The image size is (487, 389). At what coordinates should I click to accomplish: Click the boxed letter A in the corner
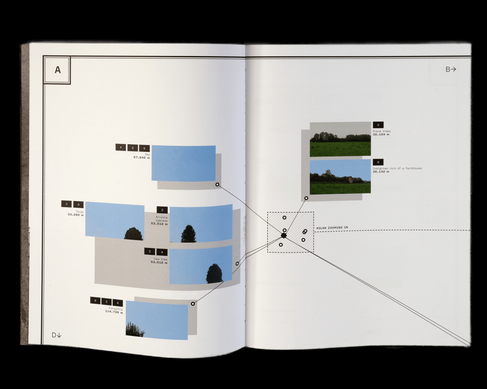coord(57,70)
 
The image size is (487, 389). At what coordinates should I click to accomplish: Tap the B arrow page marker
coord(450,69)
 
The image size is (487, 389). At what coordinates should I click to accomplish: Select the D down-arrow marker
coord(56,335)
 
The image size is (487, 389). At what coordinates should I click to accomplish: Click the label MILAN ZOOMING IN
coord(332,228)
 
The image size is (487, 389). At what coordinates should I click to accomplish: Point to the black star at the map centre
coord(284,236)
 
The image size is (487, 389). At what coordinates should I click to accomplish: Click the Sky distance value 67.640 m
coord(141,158)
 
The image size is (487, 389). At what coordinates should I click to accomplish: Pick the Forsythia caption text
coord(116,309)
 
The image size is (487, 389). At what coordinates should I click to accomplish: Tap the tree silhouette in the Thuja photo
coord(134,234)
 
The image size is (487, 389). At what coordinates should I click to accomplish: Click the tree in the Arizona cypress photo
coord(189,234)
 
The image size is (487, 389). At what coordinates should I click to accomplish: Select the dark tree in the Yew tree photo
coord(215,273)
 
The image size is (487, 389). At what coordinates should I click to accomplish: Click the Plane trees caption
coord(381,131)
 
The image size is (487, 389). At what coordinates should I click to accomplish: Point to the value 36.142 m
coord(381,172)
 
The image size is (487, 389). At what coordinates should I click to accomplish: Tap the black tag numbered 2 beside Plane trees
coord(378,125)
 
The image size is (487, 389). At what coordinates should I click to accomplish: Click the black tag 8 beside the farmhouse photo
coord(378,162)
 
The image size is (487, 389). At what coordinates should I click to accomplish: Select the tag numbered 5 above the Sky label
coord(133,148)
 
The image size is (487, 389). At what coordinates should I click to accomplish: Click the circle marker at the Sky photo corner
coord(217,185)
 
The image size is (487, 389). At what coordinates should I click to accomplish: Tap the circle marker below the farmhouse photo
coord(306,198)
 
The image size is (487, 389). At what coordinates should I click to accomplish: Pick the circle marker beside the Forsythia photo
coord(193,304)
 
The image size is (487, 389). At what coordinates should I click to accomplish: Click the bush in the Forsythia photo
coord(136,330)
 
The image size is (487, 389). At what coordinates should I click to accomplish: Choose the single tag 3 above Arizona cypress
coord(162,210)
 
